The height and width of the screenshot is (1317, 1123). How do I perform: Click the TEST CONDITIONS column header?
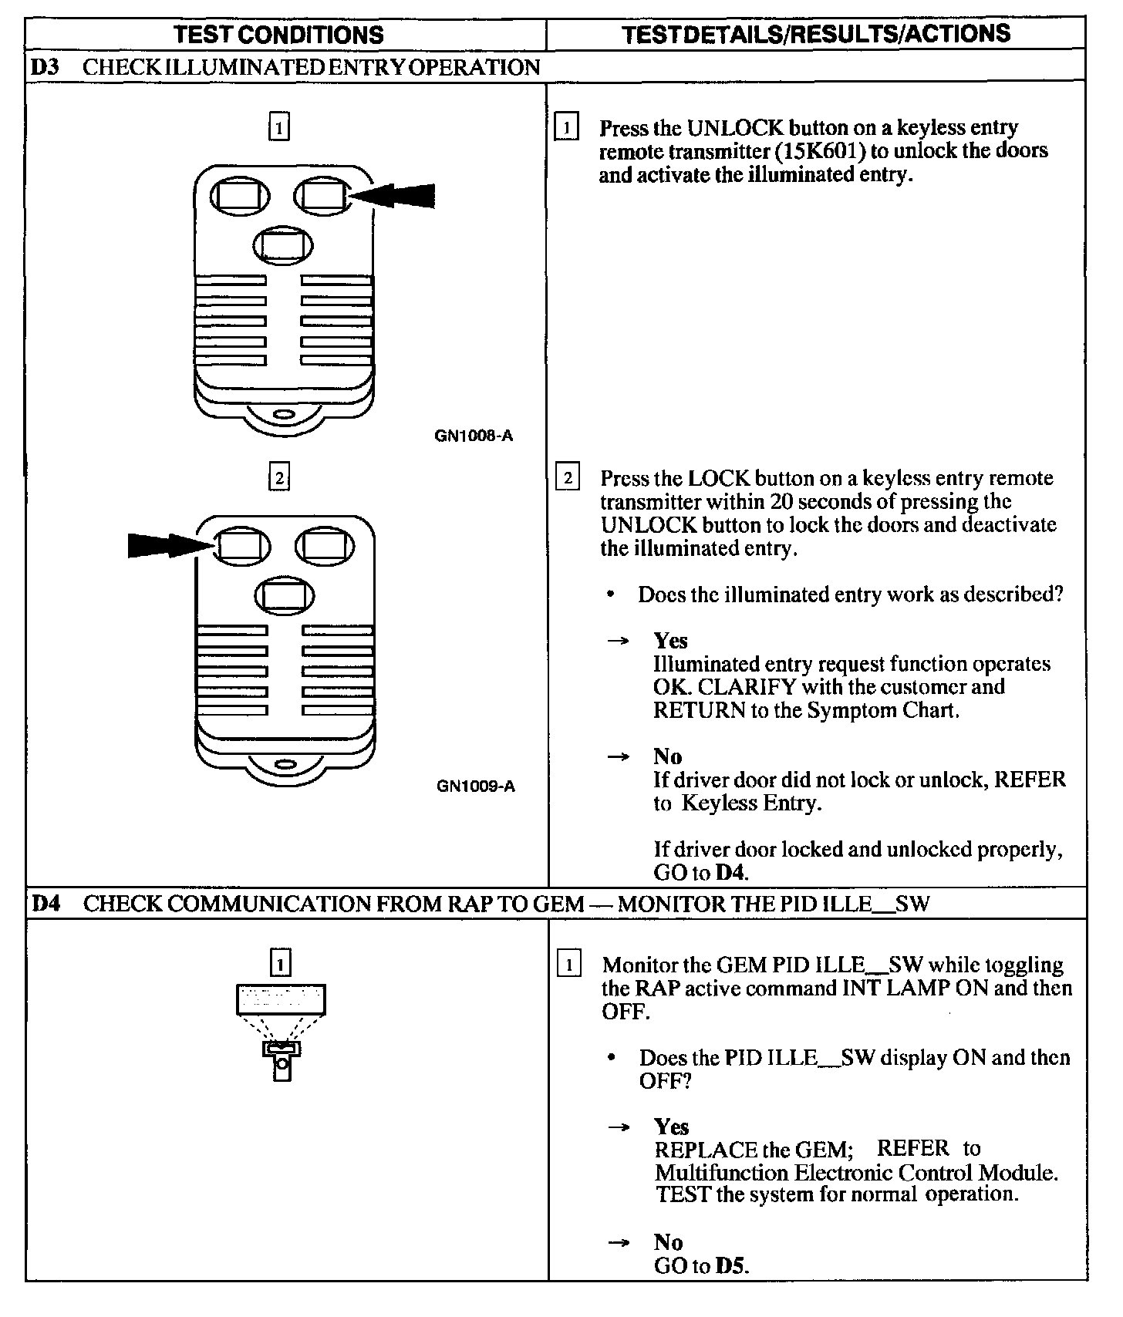[x=278, y=35]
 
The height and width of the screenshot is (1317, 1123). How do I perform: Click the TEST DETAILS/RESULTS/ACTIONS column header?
[x=815, y=34]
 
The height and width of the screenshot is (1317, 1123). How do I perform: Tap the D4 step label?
[x=46, y=903]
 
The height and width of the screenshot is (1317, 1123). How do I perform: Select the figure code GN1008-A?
[x=474, y=436]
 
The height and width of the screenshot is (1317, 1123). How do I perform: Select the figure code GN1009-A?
[x=475, y=786]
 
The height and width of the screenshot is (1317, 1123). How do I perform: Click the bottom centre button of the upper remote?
[x=283, y=244]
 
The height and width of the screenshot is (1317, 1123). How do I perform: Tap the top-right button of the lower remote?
[x=325, y=546]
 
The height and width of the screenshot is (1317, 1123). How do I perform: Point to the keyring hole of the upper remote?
[x=283, y=414]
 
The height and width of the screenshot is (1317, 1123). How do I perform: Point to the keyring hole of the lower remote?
[x=285, y=765]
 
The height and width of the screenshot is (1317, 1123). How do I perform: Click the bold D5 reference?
[x=731, y=1266]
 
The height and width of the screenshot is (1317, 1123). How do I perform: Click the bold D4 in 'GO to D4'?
[x=731, y=873]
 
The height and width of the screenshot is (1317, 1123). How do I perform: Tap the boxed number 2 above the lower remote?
[x=279, y=478]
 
